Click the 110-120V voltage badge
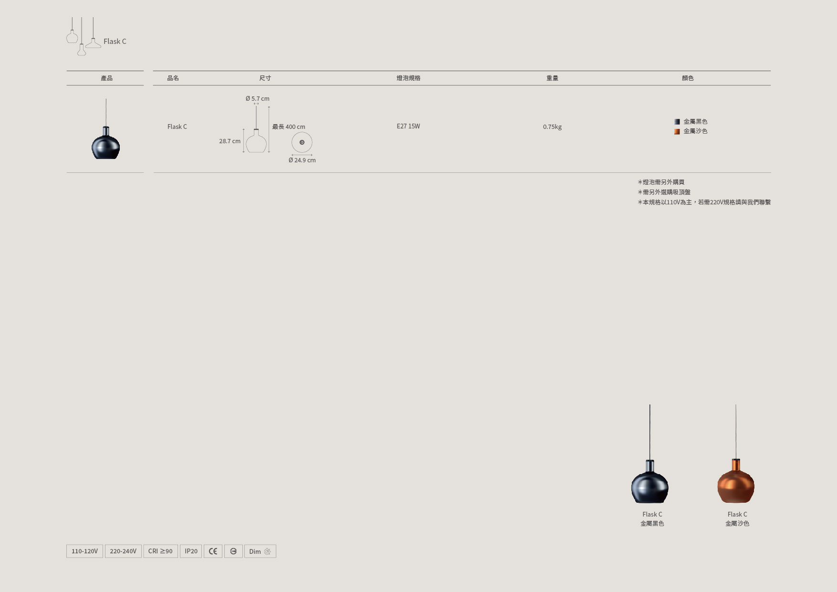(84, 551)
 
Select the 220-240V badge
(123, 551)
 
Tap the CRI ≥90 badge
(160, 551)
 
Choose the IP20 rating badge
(191, 551)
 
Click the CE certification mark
(213, 551)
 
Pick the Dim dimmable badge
(260, 551)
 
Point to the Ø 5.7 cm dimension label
(258, 98)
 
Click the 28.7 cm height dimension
(230, 141)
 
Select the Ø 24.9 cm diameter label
(302, 160)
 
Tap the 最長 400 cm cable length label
(289, 127)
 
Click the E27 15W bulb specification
(408, 126)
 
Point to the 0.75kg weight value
(552, 127)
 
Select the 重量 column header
(552, 78)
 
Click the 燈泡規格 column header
(408, 78)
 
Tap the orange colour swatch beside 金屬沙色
(677, 131)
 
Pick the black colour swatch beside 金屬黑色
(677, 122)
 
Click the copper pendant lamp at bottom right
(736, 480)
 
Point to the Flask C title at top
(115, 41)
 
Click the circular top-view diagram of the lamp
(302, 142)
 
